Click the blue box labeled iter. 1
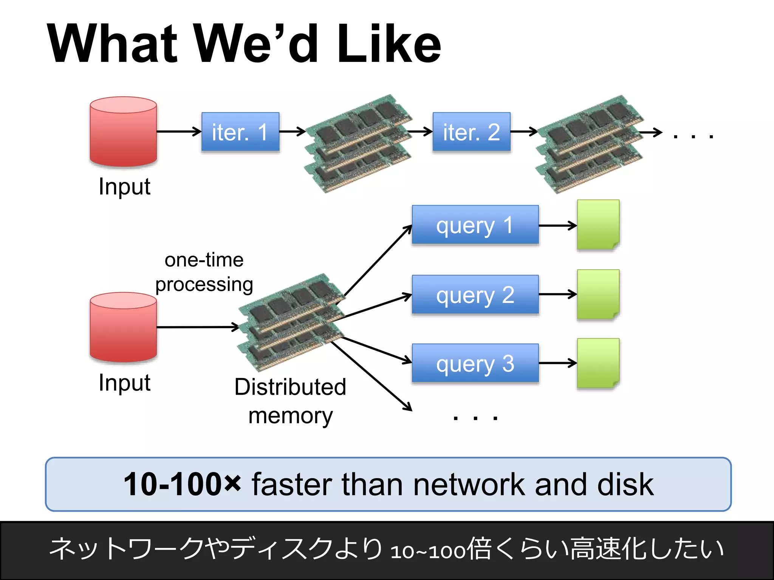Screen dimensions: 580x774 tap(240, 132)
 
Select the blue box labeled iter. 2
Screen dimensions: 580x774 tap(471, 132)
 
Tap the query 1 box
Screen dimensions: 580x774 tap(475, 225)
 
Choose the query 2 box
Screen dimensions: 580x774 tap(475, 295)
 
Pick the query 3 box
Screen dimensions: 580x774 tap(475, 363)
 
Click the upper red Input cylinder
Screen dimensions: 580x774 tap(123, 132)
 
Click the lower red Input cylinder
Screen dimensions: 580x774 tap(123, 327)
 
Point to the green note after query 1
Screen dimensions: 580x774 tap(598, 225)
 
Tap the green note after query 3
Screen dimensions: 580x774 tap(598, 363)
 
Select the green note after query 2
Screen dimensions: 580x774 tap(598, 295)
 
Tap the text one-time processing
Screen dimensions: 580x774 tap(204, 272)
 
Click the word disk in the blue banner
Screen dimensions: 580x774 tap(625, 484)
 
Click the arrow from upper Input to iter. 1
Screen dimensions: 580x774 tap(178, 131)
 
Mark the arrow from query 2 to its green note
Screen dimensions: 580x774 tap(557, 294)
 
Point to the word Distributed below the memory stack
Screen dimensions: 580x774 tap(290, 387)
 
